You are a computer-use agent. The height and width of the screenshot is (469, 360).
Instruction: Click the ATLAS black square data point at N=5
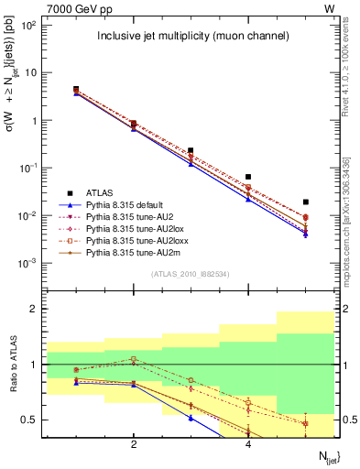tap(306, 202)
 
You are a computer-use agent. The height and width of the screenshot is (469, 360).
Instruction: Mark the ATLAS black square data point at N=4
tap(248, 177)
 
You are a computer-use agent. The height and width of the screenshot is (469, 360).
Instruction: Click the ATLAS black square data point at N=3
tap(191, 150)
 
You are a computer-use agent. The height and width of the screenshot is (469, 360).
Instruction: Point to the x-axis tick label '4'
tap(248, 445)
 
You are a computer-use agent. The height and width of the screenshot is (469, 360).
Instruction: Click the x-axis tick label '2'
tap(134, 445)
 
